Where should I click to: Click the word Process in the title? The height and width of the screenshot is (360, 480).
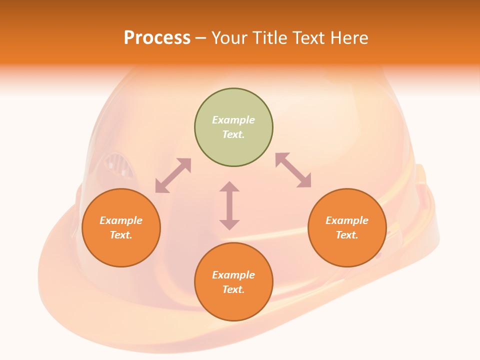(157, 38)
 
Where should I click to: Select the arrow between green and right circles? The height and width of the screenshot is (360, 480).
(293, 170)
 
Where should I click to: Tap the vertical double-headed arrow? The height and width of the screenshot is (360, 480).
(229, 205)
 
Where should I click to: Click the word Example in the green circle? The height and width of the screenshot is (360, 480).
(233, 120)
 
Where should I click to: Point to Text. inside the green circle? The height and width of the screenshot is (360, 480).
(233, 134)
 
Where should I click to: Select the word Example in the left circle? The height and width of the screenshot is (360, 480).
(121, 220)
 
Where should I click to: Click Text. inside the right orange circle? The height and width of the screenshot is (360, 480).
(347, 235)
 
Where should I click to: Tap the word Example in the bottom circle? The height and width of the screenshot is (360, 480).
(233, 275)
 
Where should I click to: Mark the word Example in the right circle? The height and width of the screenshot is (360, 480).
(347, 220)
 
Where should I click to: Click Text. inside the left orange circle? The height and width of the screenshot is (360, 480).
(121, 235)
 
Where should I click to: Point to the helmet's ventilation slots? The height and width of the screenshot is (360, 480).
(119, 165)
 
